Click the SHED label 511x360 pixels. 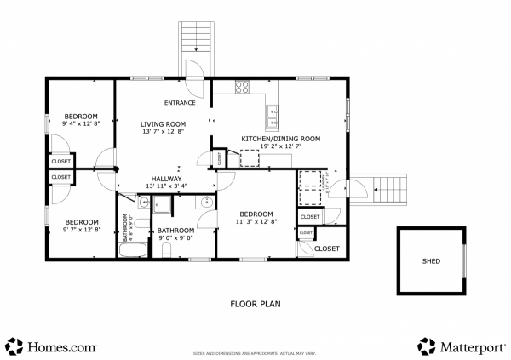pyautogui.click(x=431, y=261)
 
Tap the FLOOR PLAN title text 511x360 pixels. pyautogui.click(x=255, y=303)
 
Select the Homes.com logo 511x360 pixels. pyautogui.click(x=50, y=346)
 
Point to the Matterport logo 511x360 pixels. pyautogui.click(x=460, y=346)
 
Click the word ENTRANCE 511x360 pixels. pyautogui.click(x=180, y=103)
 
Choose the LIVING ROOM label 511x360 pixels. pyautogui.click(x=163, y=124)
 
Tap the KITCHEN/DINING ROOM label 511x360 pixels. pyautogui.click(x=280, y=139)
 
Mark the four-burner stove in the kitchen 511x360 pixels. pyautogui.click(x=242, y=86)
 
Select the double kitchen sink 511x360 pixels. pyautogui.click(x=273, y=111)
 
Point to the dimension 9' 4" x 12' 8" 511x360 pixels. pyautogui.click(x=81, y=124)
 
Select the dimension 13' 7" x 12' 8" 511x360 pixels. pyautogui.click(x=163, y=132)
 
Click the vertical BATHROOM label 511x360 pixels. pyautogui.click(x=125, y=227)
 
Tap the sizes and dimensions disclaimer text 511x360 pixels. pyautogui.click(x=255, y=351)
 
